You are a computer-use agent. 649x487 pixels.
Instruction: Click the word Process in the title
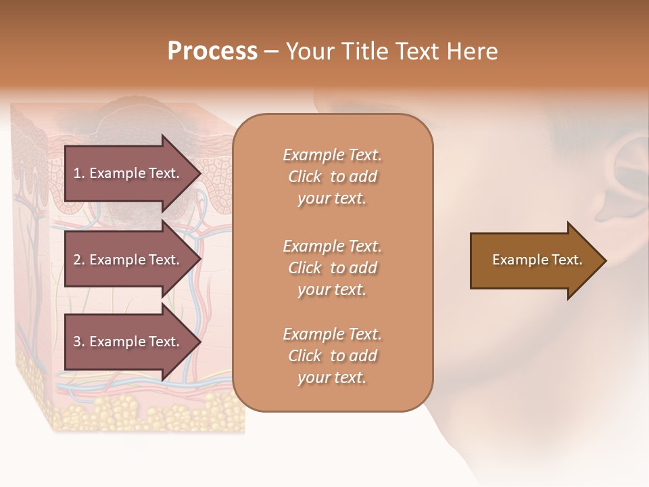212,51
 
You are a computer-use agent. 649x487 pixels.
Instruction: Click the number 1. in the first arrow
79,173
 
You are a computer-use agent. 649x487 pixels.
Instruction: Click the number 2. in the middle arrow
79,260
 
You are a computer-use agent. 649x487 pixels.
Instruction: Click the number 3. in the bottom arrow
79,342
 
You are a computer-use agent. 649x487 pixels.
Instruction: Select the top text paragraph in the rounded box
332,177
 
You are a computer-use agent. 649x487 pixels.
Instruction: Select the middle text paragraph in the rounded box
332,267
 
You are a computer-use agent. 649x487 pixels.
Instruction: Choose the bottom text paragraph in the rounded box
332,356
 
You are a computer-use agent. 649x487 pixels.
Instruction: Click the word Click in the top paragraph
304,177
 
